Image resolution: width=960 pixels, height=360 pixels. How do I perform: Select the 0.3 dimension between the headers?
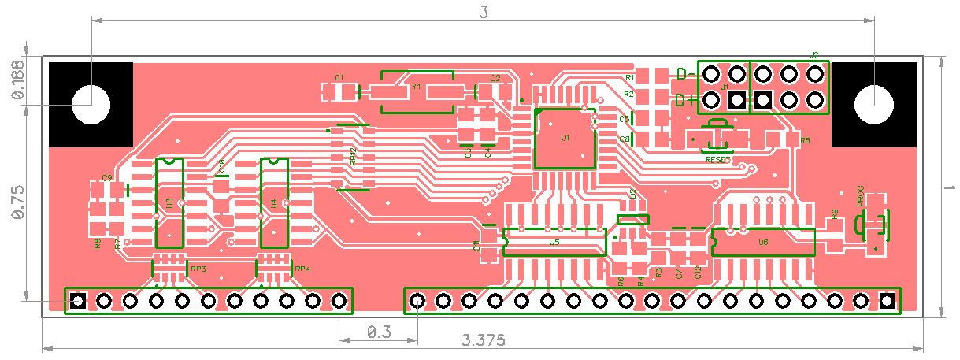coord(378,332)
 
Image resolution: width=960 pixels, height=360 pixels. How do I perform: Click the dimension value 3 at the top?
coord(484,12)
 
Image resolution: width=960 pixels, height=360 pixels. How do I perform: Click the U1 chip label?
coord(565,138)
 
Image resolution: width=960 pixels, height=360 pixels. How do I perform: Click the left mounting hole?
coord(91,103)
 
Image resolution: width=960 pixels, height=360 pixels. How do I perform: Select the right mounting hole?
coord(873,103)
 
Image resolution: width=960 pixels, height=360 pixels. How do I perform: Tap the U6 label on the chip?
coord(762,243)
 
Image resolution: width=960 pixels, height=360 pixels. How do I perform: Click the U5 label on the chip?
coord(554,243)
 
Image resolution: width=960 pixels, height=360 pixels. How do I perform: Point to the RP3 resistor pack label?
coord(198,269)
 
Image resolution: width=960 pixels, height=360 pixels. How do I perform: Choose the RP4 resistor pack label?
coord(302,269)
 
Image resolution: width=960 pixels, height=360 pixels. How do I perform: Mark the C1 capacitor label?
coord(339,77)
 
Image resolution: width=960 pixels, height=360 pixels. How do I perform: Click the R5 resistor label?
coord(805,140)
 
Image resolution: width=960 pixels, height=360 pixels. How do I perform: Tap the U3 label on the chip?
coord(169,202)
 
